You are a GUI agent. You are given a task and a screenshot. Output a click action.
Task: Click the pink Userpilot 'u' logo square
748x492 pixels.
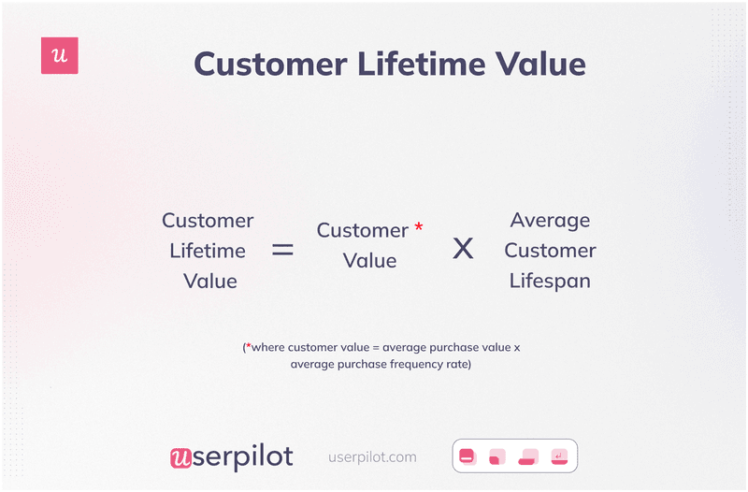(60, 56)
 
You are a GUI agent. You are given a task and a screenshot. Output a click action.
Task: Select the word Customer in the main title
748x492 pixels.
(277, 65)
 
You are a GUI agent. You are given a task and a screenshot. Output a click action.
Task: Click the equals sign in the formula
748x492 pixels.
(281, 250)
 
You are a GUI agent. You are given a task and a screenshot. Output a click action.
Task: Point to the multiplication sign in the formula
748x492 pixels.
(463, 249)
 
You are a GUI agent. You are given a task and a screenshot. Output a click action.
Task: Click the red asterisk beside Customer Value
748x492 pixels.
(418, 227)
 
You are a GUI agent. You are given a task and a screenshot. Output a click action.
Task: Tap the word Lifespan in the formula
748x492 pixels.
(550, 281)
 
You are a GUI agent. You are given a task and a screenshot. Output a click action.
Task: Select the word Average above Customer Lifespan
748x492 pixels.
(550, 221)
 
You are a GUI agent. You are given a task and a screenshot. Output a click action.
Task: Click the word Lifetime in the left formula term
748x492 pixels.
(208, 251)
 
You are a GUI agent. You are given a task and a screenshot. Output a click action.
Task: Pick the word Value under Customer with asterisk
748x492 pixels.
(369, 261)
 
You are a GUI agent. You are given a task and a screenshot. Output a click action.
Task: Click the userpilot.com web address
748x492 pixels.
(372, 457)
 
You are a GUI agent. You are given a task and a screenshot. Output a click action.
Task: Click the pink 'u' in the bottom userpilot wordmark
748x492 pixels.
(181, 457)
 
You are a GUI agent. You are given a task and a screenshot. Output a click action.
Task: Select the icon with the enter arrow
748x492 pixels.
(559, 456)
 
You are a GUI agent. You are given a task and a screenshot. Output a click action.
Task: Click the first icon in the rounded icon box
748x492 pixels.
(467, 456)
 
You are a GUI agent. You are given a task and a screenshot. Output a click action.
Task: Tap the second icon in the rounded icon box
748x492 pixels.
(496, 456)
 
